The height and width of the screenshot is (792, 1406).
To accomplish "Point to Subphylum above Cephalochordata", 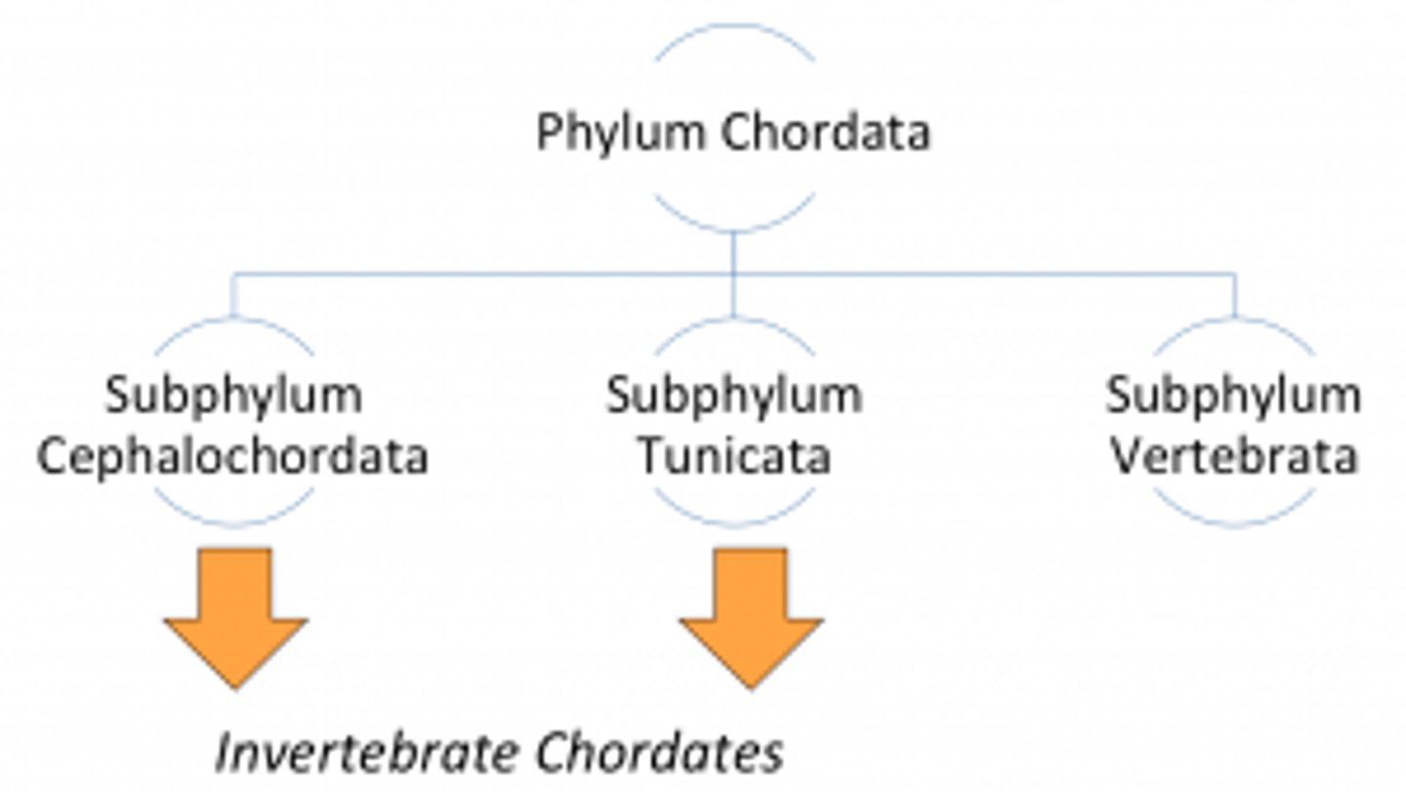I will tap(233, 396).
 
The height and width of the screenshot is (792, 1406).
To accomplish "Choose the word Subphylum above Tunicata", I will tap(734, 396).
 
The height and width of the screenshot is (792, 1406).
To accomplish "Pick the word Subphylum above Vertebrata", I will tap(1234, 396).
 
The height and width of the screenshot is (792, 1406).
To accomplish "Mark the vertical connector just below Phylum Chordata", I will tap(733, 252).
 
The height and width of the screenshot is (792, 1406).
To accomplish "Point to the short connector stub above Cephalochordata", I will tap(233, 296).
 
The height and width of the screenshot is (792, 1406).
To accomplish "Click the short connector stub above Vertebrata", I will tap(1235, 296).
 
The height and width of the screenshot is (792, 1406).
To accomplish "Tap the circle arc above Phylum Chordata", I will tap(734, 29).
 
